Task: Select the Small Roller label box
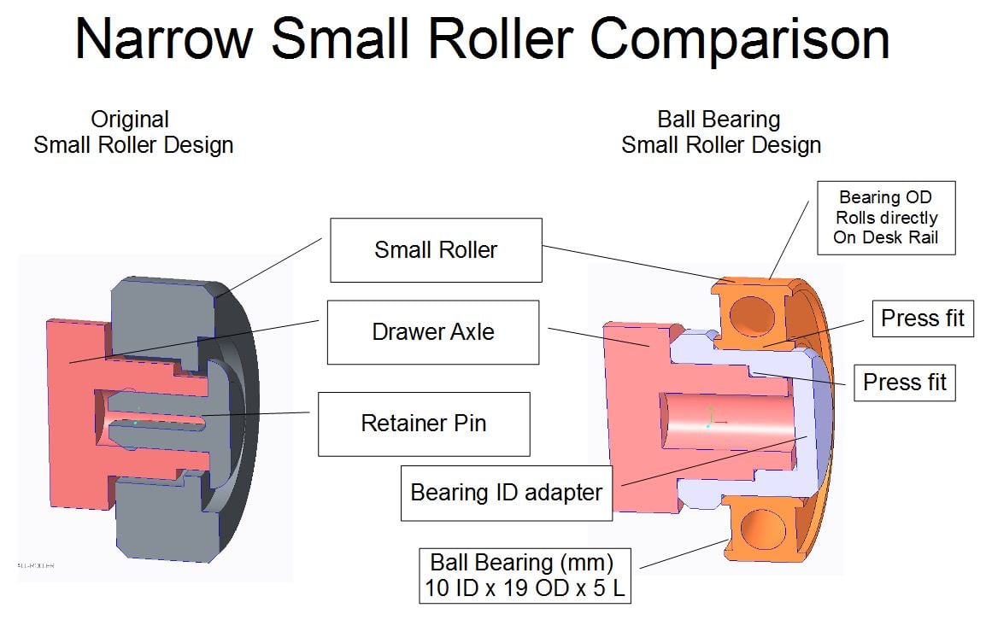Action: [x=436, y=250]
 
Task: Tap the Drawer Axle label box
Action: [x=433, y=331]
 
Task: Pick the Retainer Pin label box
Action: [x=424, y=424]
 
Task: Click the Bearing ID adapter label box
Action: [x=507, y=493]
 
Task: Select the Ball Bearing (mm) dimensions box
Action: [x=525, y=576]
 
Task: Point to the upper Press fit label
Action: [x=922, y=319]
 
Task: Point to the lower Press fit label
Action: [x=905, y=382]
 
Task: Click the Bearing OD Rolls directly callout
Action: [x=885, y=218]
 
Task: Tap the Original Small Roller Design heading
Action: [x=132, y=132]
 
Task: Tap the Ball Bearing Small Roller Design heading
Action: [x=720, y=132]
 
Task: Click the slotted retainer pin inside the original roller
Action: [x=158, y=418]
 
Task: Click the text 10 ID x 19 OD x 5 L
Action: [x=525, y=588]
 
